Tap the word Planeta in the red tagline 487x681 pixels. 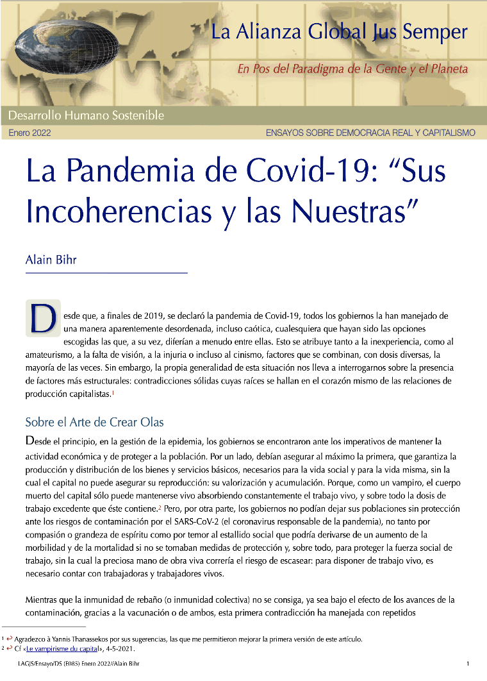[448, 69]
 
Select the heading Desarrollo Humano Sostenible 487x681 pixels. [86, 116]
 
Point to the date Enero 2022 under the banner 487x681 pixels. [29, 133]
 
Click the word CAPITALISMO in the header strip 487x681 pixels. [445, 133]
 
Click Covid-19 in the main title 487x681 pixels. [333, 173]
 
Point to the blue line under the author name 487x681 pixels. [106, 274]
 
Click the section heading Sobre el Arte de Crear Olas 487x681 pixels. [94, 423]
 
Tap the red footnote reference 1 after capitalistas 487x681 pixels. [113, 393]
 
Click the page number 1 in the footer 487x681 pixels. [468, 664]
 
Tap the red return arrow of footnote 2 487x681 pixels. [11, 648]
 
